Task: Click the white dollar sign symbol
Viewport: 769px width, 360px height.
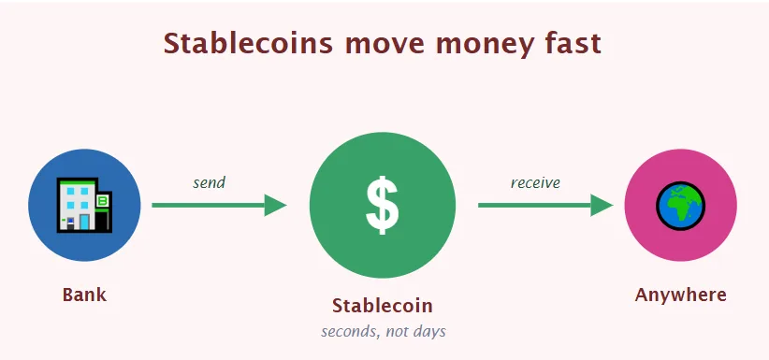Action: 382,205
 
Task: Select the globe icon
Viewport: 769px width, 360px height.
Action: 680,206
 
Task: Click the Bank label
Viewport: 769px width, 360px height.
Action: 84,295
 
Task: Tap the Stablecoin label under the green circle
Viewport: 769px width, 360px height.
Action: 382,306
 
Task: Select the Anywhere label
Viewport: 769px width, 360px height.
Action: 680,295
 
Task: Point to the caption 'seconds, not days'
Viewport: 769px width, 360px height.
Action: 383,331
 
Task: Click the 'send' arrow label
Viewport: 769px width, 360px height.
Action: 209,182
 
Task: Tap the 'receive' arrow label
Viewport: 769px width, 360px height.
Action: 535,182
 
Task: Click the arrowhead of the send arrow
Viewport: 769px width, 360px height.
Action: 275,205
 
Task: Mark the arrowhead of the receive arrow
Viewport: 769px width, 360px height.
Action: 602,205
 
